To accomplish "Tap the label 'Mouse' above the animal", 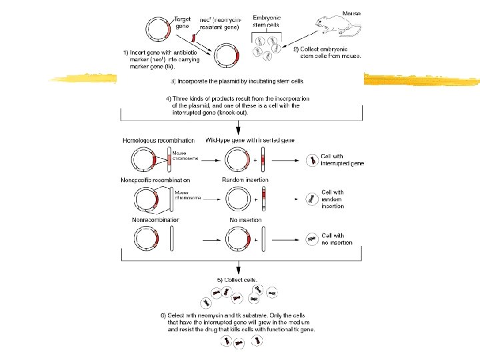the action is tap(353, 13).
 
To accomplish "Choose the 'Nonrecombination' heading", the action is tap(151, 220).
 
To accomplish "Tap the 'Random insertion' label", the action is tap(245, 180).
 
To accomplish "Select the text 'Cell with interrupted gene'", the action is tap(342, 160).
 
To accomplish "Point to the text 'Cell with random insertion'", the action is tap(333, 199).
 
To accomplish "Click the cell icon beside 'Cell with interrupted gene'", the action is tap(311, 160).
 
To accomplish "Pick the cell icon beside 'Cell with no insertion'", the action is tap(311, 239).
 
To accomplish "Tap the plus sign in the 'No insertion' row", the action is tap(255, 239).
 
